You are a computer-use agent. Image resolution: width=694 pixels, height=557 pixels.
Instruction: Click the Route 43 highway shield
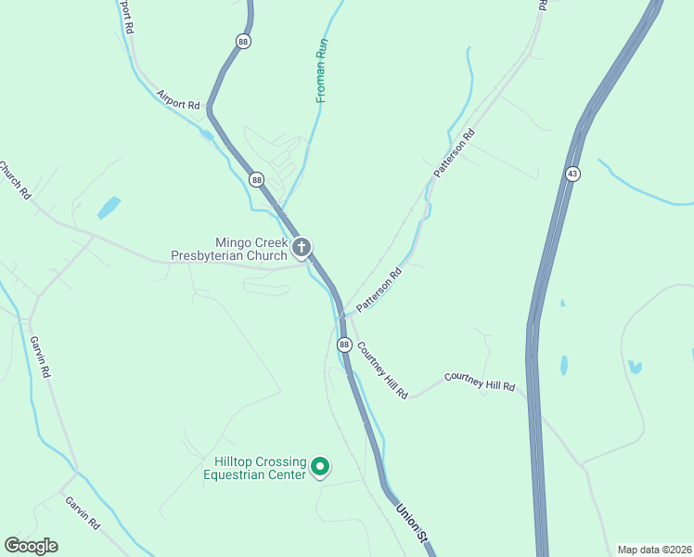(x=572, y=174)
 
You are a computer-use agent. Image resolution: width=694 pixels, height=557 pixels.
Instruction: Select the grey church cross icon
(x=302, y=247)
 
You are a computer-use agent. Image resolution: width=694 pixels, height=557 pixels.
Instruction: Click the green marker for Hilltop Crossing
(x=320, y=466)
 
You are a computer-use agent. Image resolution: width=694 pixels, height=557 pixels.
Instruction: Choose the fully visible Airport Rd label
(x=179, y=100)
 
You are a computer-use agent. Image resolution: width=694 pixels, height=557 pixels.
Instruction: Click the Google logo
(x=31, y=546)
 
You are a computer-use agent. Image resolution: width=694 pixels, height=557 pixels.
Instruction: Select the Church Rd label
(x=16, y=181)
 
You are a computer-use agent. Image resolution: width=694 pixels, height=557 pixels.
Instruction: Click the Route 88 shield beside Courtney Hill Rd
(x=344, y=344)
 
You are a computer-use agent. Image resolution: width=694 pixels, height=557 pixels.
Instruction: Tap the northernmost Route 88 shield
(x=243, y=41)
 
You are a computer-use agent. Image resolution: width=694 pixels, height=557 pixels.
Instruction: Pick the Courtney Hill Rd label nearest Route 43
(x=479, y=381)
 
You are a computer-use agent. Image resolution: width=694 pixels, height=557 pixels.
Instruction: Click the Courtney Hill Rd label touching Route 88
(x=382, y=369)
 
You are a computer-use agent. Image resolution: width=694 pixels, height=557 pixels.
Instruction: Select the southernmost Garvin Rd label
(x=83, y=512)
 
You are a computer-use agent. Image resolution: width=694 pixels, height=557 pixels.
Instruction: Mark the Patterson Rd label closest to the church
(x=379, y=290)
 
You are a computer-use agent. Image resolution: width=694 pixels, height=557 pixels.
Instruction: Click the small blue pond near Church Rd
(x=109, y=207)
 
